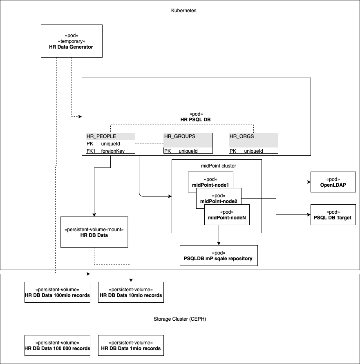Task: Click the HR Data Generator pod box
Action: (71, 41)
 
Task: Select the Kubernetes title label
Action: (183, 11)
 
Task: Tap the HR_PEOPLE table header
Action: (110, 136)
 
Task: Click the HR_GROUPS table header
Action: (188, 136)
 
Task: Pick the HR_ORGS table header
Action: (253, 136)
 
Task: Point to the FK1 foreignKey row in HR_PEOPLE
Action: (110, 151)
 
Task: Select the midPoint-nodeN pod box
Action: (227, 215)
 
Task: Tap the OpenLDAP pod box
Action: (333, 182)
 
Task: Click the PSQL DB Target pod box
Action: (333, 214)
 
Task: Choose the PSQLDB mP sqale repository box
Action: (219, 255)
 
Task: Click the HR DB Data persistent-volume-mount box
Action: (94, 232)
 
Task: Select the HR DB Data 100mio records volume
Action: (57, 292)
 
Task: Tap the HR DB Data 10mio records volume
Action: (131, 292)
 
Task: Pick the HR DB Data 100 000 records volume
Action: (57, 345)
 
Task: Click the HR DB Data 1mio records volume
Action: (131, 345)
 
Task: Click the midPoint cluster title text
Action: (216, 165)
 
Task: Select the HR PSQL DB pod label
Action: (196, 116)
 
